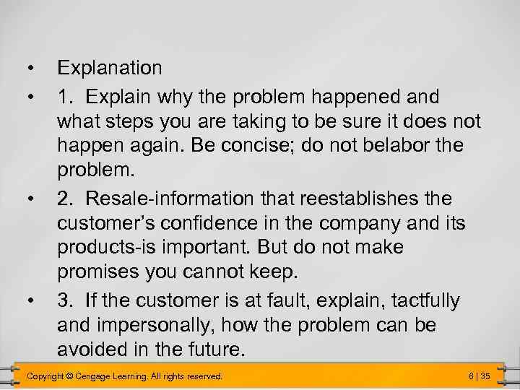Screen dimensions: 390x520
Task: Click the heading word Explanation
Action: click(110, 69)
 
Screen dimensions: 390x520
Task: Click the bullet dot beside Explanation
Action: click(29, 69)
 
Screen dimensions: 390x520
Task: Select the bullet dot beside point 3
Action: click(29, 300)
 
